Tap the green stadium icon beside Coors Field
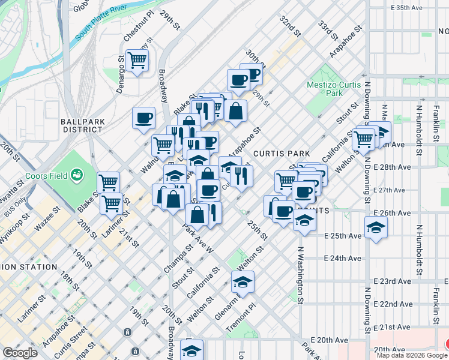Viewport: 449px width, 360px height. [76, 175]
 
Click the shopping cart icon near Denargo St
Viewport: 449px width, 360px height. [137, 60]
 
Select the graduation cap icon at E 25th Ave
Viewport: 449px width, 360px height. [376, 227]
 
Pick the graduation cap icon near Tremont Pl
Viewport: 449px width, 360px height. [243, 281]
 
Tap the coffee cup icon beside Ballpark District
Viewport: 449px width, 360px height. [144, 118]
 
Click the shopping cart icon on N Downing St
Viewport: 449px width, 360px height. [364, 139]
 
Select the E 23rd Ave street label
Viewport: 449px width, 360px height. [392, 281]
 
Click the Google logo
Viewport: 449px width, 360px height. [20, 353]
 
